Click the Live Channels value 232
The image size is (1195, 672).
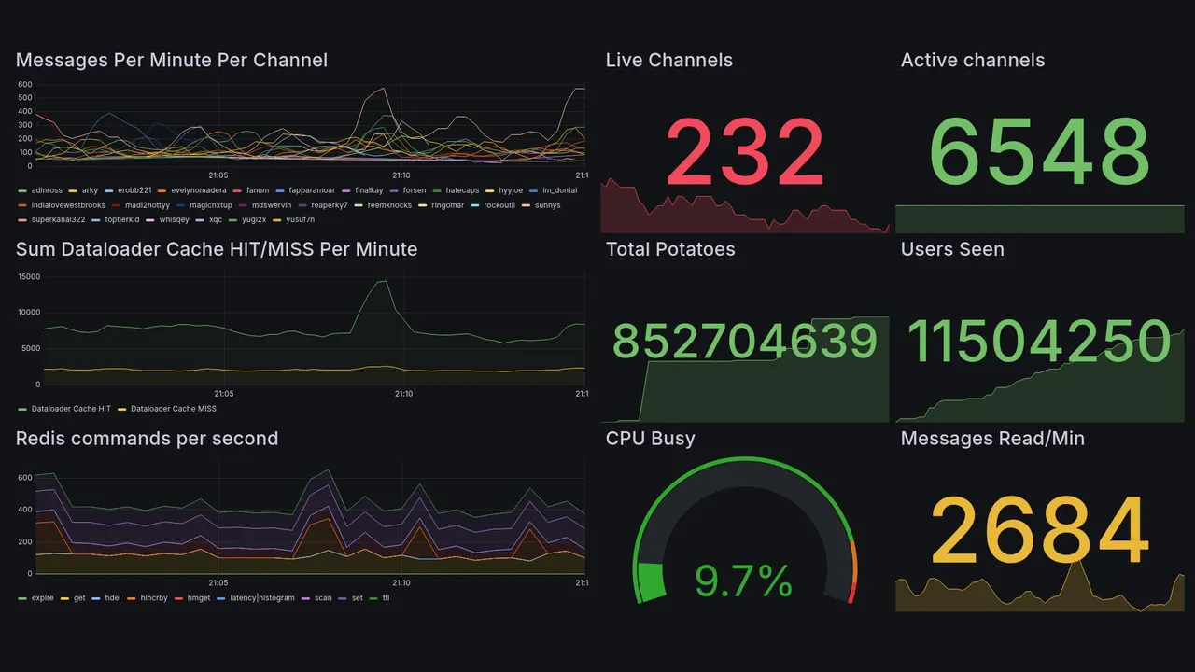(745, 153)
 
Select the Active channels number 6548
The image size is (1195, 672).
(1040, 153)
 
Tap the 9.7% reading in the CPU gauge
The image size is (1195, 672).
(744, 581)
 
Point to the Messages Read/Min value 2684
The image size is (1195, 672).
(1040, 531)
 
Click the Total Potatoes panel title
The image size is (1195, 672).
(670, 249)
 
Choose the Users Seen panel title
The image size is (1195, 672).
(952, 249)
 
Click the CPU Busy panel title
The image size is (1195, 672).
(650, 439)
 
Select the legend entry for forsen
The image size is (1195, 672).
(414, 190)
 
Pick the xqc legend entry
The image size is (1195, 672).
(215, 220)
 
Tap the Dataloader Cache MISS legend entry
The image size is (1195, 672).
(173, 409)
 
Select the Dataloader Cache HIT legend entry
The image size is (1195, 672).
(71, 409)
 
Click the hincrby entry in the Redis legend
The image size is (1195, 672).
(154, 598)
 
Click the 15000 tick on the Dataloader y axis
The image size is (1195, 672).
(29, 277)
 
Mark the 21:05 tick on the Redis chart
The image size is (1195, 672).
(217, 583)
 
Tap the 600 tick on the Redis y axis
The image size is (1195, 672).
(24, 478)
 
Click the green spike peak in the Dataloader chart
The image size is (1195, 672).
(381, 281)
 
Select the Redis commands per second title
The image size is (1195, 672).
(147, 439)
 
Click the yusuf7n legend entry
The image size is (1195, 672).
(299, 220)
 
